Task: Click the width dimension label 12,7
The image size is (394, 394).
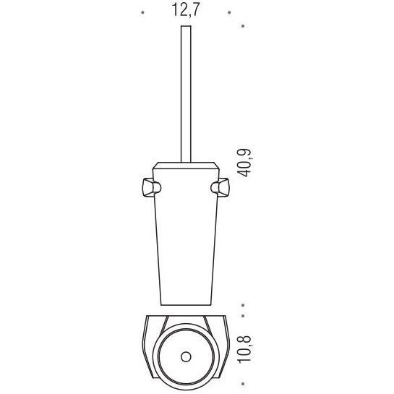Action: point(186,10)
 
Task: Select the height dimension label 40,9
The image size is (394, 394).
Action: point(244,163)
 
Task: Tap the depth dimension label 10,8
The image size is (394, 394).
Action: point(244,348)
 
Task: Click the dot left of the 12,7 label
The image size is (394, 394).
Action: point(142,12)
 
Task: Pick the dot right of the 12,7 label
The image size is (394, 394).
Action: point(229,12)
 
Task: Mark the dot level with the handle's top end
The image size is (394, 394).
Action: point(243,26)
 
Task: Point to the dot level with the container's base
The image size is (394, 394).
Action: point(243,305)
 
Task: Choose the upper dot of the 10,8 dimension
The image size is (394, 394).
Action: point(243,316)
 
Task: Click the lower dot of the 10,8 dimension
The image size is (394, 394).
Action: point(243,384)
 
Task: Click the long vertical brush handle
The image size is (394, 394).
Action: point(186,94)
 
